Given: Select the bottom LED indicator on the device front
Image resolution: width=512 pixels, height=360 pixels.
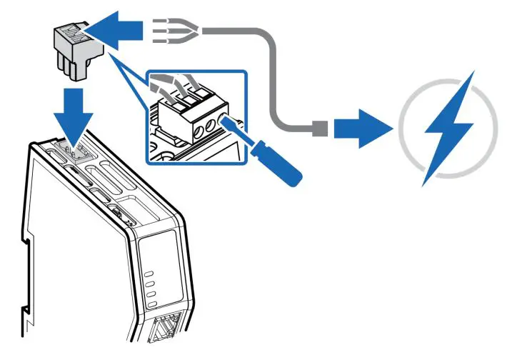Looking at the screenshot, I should tap(153, 305).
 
